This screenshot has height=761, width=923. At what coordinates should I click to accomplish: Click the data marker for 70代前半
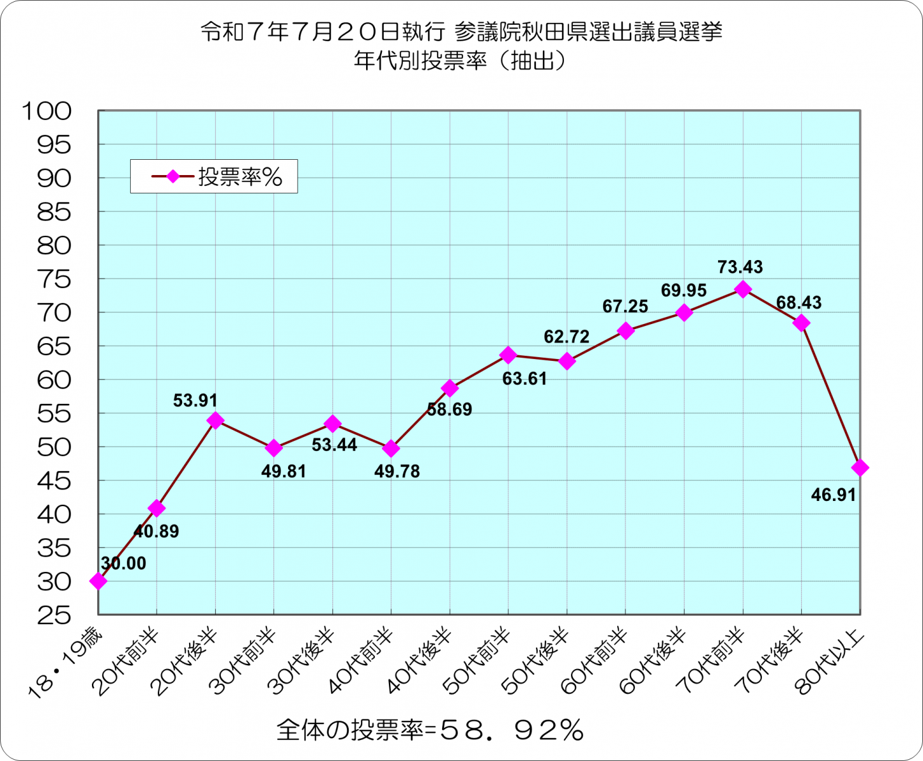743,289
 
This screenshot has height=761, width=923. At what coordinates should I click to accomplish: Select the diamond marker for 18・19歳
98,581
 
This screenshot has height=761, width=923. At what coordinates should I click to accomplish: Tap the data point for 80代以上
860,468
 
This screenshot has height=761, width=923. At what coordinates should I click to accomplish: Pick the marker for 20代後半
215,420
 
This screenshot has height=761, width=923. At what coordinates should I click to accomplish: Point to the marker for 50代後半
566,361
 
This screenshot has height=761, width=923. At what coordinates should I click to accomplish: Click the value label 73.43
740,267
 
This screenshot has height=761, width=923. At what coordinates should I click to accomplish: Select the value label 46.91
834,495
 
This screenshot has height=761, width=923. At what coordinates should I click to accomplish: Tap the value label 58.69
449,410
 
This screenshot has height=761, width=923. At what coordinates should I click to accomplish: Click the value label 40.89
157,531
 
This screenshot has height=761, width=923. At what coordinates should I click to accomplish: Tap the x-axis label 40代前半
364,660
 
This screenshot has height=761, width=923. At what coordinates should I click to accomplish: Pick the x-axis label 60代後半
657,660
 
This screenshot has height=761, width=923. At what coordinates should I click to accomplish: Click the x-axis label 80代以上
832,660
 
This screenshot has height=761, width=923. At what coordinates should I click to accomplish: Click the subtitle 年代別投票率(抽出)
461,61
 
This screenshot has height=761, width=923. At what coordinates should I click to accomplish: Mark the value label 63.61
524,380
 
